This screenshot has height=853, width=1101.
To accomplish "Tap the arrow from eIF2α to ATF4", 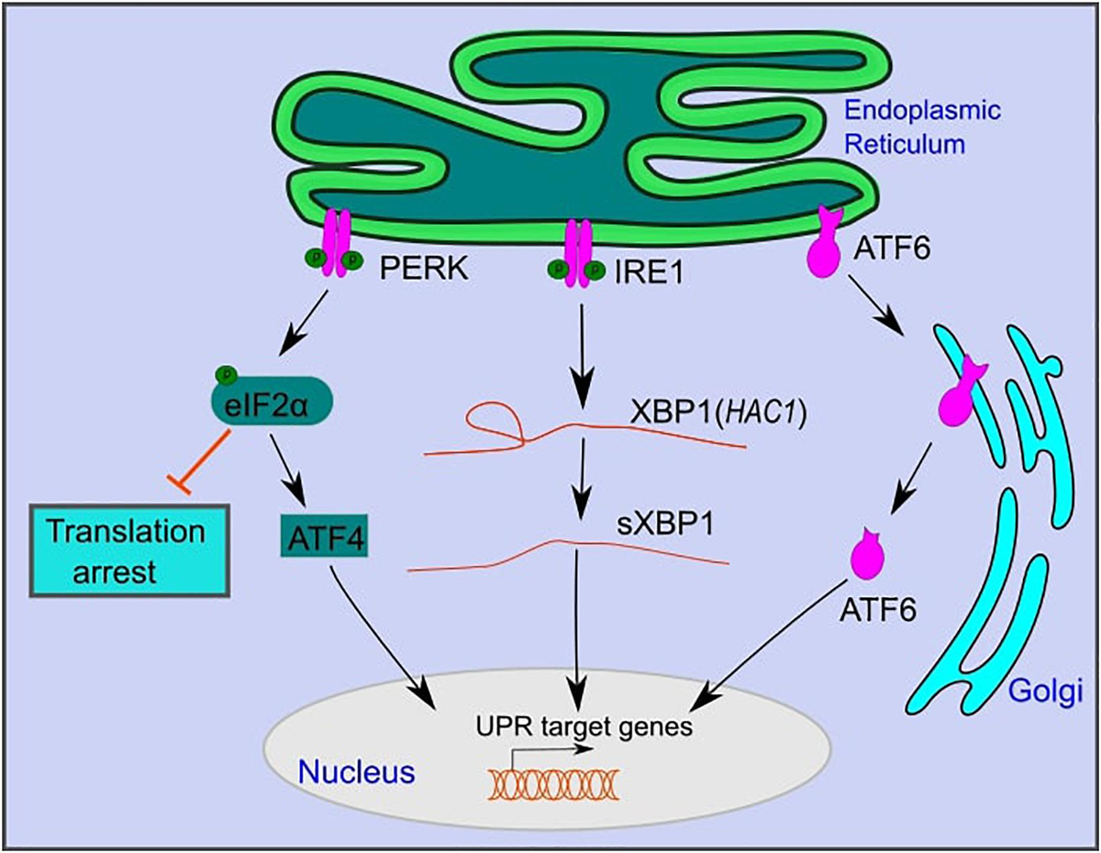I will [295, 469].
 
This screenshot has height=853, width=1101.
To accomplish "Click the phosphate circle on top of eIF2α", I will [226, 374].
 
